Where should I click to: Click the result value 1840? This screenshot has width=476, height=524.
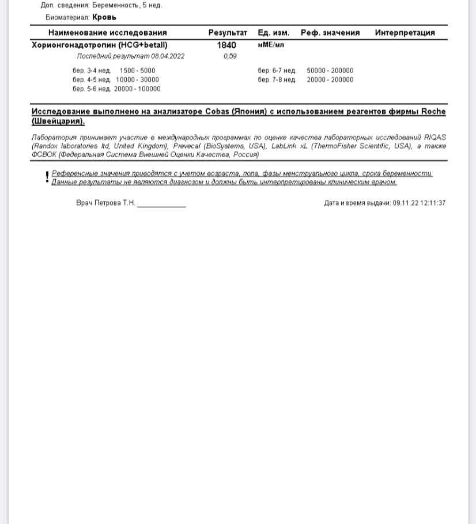tap(226, 45)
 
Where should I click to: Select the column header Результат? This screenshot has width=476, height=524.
tap(228, 33)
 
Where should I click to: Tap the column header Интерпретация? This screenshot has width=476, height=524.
tap(405, 33)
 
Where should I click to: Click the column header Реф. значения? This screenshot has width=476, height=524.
tap(330, 33)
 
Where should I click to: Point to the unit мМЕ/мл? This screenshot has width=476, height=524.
tap(271, 44)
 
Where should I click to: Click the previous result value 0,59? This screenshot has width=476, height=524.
tap(230, 56)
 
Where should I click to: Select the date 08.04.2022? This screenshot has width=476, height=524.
tap(168, 56)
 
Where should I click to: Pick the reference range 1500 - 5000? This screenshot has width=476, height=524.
tap(137, 71)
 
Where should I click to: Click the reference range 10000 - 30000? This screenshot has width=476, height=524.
tap(137, 80)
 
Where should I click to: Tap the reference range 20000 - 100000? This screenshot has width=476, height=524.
tap(137, 89)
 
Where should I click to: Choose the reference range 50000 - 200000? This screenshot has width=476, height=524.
tap(330, 71)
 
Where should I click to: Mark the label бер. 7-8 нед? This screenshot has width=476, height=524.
tap(277, 80)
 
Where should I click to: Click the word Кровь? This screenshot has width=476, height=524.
tap(104, 17)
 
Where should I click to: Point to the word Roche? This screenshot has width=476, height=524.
tap(433, 112)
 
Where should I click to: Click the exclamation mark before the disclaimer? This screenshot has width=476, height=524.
tap(47, 177)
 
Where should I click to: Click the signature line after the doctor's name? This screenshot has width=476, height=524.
tap(161, 205)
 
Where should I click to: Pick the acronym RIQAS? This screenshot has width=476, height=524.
tap(435, 138)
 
